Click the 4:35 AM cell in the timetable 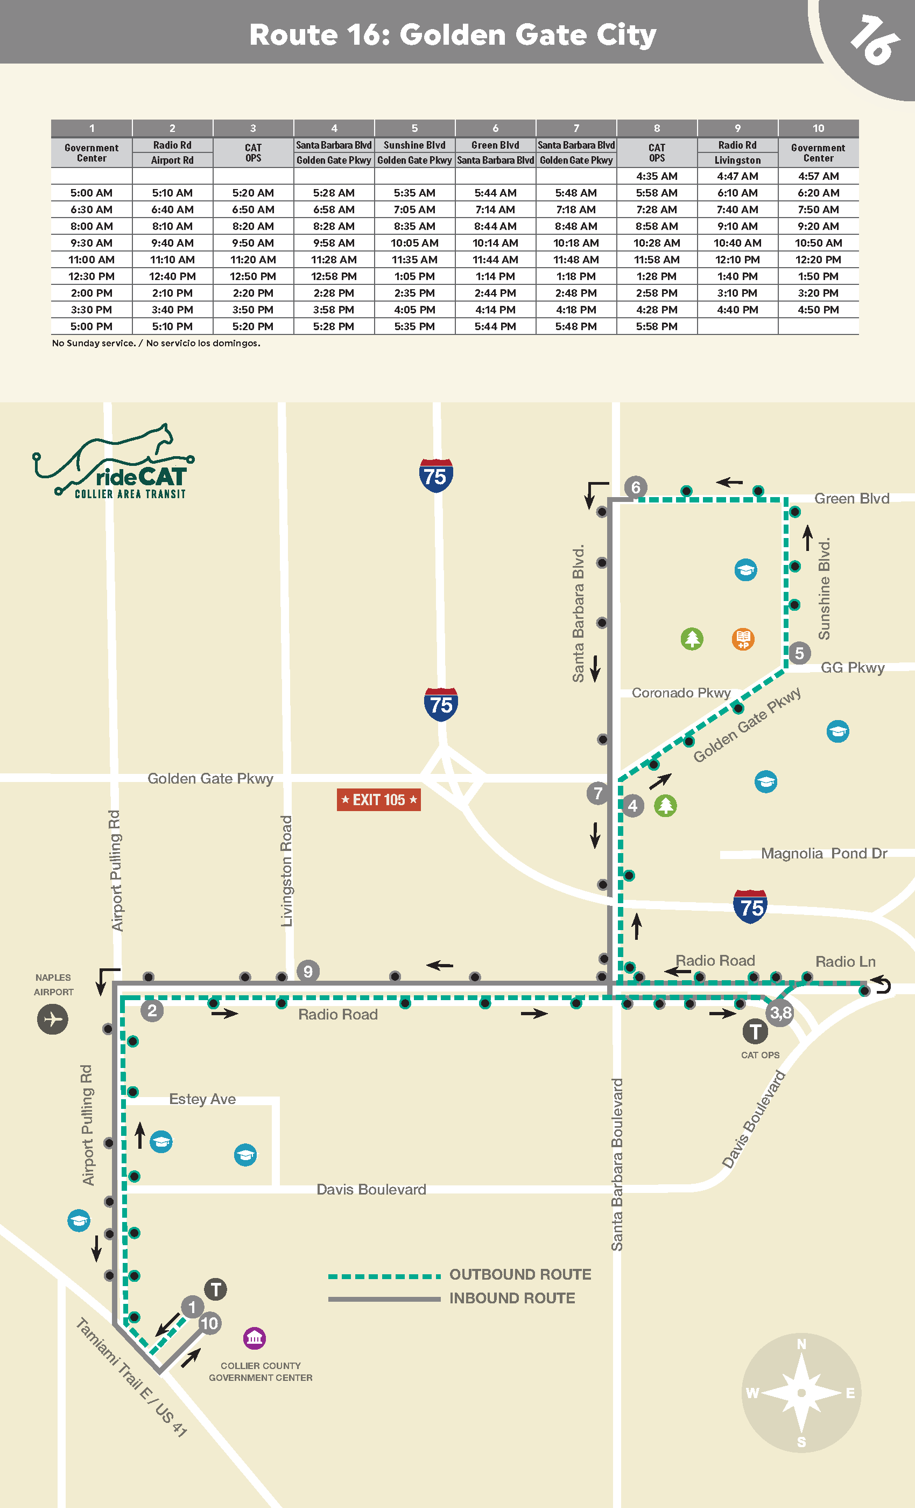[x=656, y=176]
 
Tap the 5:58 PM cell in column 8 [x=656, y=327]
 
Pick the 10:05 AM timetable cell [x=414, y=243]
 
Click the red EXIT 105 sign [x=378, y=800]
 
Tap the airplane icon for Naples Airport [x=53, y=1019]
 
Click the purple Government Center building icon [x=255, y=1338]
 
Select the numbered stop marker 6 [x=636, y=487]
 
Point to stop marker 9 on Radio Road [x=308, y=971]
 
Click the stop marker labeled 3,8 [x=780, y=1013]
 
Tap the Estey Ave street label [x=202, y=1099]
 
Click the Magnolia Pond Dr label [x=823, y=854]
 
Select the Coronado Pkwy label [x=681, y=693]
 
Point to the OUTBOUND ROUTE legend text [x=520, y=1275]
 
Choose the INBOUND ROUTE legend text [x=512, y=1298]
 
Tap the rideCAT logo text [x=140, y=477]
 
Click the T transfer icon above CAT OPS [x=755, y=1032]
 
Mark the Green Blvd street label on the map [x=851, y=499]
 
